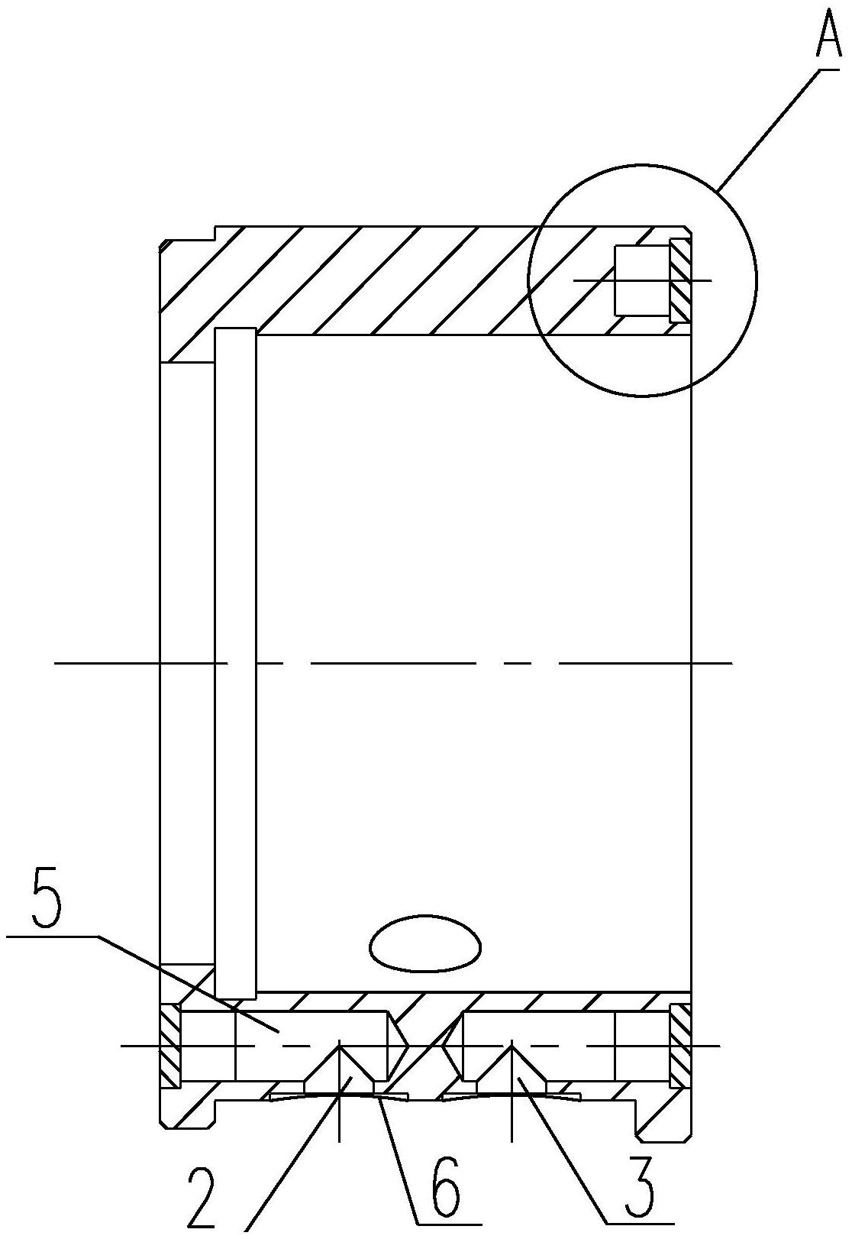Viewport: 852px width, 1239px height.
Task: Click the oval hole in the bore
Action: click(425, 950)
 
